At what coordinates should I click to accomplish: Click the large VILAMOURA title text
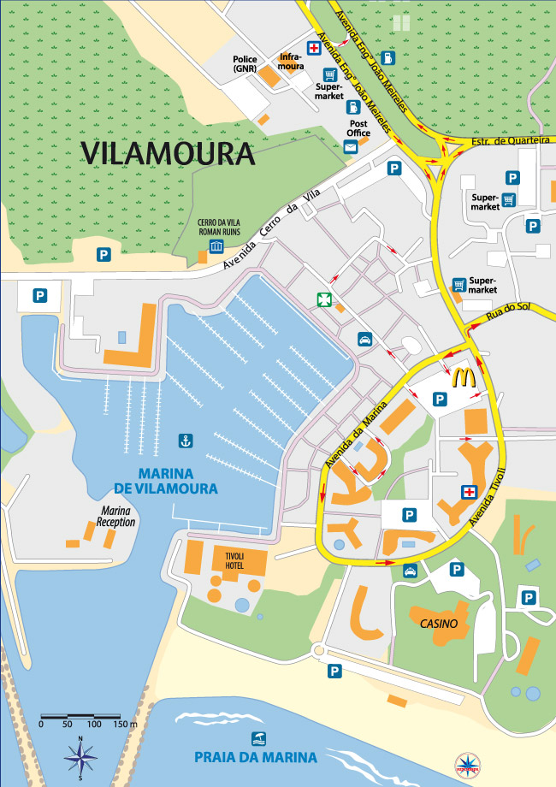tap(169, 153)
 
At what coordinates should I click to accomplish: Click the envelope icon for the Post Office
tap(350, 147)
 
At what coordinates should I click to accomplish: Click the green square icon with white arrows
tap(323, 299)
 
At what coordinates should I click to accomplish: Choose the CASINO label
tap(439, 624)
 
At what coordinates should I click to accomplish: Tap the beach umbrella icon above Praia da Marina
tap(256, 737)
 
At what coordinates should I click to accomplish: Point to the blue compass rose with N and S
tap(80, 754)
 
